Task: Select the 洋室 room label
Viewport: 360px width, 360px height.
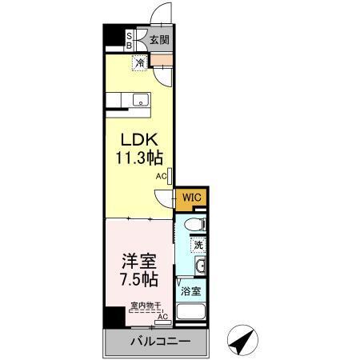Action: click(x=139, y=261)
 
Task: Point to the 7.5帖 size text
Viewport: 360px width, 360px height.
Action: click(x=139, y=280)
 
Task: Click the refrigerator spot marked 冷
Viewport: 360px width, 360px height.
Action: click(x=140, y=62)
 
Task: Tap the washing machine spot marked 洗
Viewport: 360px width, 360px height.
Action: click(x=196, y=243)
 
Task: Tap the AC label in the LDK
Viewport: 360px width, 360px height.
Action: click(x=160, y=176)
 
